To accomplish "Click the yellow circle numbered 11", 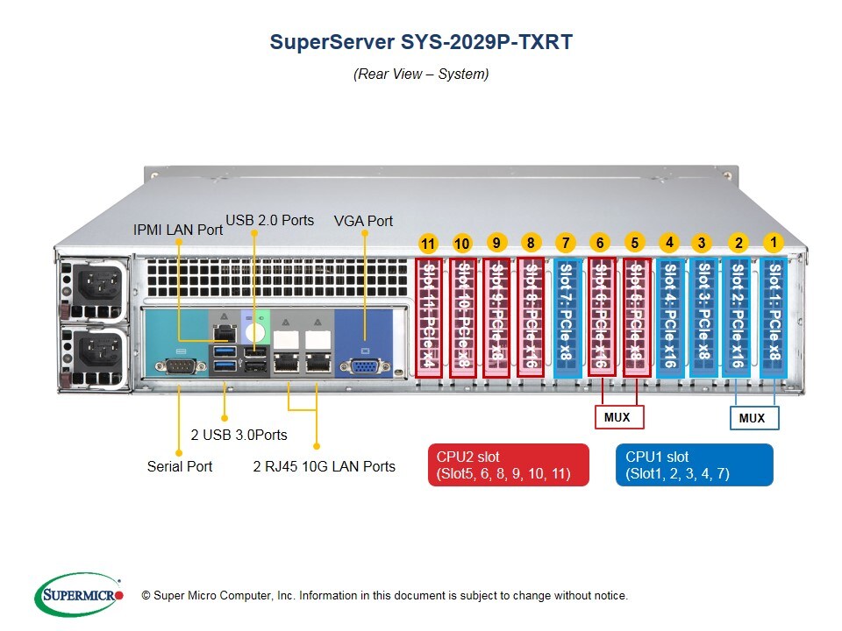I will pyautogui.click(x=428, y=245).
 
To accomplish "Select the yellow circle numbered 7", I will pyautogui.click(x=566, y=243).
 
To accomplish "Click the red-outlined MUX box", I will pyautogui.click(x=617, y=417).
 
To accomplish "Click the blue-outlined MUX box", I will pyautogui.click(x=753, y=418).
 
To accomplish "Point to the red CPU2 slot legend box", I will pyautogui.click(x=508, y=464).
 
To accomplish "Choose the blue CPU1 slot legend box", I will pyautogui.click(x=695, y=464).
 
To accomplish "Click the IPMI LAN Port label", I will pyautogui.click(x=178, y=230).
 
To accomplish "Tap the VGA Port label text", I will pyautogui.click(x=363, y=221).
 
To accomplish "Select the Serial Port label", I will pyautogui.click(x=180, y=466).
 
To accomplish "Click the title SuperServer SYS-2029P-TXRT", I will pyautogui.click(x=421, y=42).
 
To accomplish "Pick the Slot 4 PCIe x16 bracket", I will pyautogui.click(x=670, y=315).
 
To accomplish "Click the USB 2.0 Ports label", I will pyautogui.click(x=270, y=220).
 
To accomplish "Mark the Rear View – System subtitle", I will pyautogui.click(x=421, y=74).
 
